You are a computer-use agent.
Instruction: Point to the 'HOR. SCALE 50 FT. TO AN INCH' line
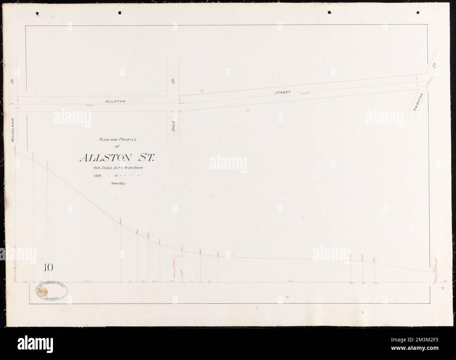117,168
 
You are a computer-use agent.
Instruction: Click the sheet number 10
48,268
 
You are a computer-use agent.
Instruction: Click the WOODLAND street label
12,129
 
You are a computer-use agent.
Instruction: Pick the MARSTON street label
418,102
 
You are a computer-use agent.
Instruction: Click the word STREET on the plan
282,93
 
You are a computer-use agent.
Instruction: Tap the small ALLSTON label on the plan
115,101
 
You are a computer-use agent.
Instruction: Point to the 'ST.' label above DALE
173,81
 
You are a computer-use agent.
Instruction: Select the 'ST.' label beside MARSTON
435,66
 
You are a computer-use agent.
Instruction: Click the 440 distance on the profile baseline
290,281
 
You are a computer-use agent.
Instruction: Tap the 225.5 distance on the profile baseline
87,281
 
